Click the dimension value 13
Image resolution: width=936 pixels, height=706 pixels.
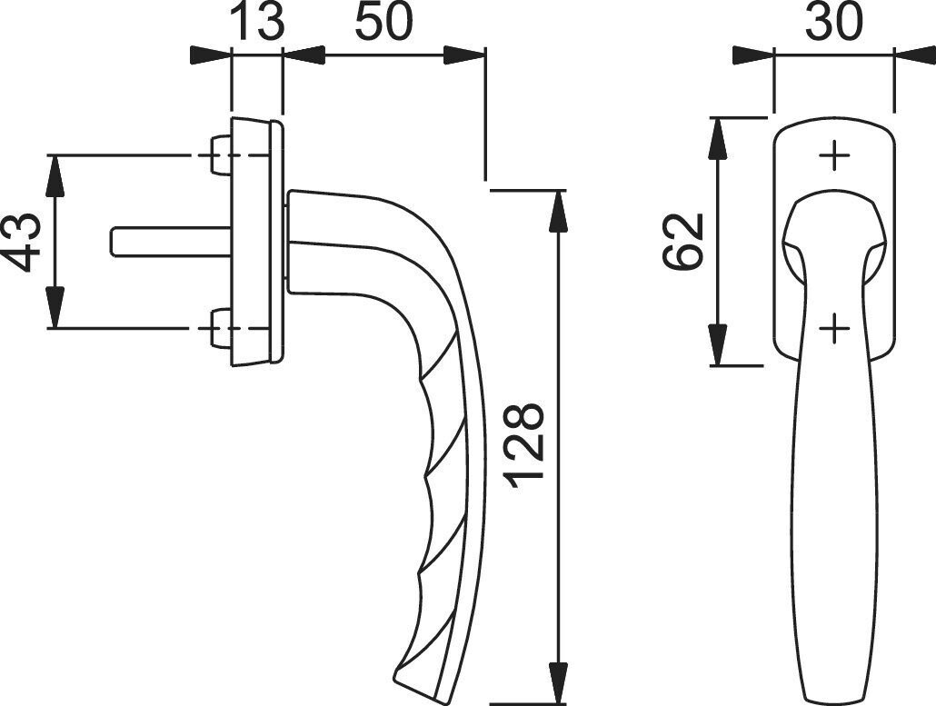pos(256,22)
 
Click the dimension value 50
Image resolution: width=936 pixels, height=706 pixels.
pos(383,22)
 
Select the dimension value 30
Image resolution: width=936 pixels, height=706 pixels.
pos(834,22)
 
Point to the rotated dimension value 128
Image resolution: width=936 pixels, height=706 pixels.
pos(523,446)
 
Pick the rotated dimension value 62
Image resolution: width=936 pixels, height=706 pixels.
pos(682,241)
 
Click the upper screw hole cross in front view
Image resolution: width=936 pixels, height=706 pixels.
pos(834,156)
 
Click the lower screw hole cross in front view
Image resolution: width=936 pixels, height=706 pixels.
pos(834,328)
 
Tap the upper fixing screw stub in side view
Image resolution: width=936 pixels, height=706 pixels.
pos(222,155)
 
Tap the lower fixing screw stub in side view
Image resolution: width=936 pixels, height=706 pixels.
pos(222,328)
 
